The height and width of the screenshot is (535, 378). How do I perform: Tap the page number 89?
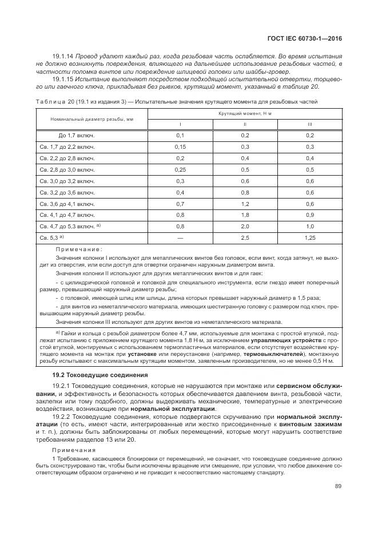(338, 487)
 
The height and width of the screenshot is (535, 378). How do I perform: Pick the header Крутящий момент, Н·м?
(245, 114)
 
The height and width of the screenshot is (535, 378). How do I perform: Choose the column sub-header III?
(310, 124)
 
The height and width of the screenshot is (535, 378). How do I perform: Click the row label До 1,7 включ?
(76, 135)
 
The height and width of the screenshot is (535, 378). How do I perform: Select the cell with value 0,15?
(180, 147)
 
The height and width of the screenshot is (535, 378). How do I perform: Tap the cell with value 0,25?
(180, 170)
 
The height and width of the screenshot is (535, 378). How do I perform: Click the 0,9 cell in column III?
(310, 215)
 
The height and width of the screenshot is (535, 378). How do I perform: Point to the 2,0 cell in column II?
(245, 226)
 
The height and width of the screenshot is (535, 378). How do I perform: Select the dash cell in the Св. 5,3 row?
(180, 237)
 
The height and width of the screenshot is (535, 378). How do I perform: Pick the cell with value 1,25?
(310, 237)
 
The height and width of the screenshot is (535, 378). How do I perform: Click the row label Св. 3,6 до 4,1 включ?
(67, 203)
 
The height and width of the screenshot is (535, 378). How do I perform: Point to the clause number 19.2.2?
(62, 417)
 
